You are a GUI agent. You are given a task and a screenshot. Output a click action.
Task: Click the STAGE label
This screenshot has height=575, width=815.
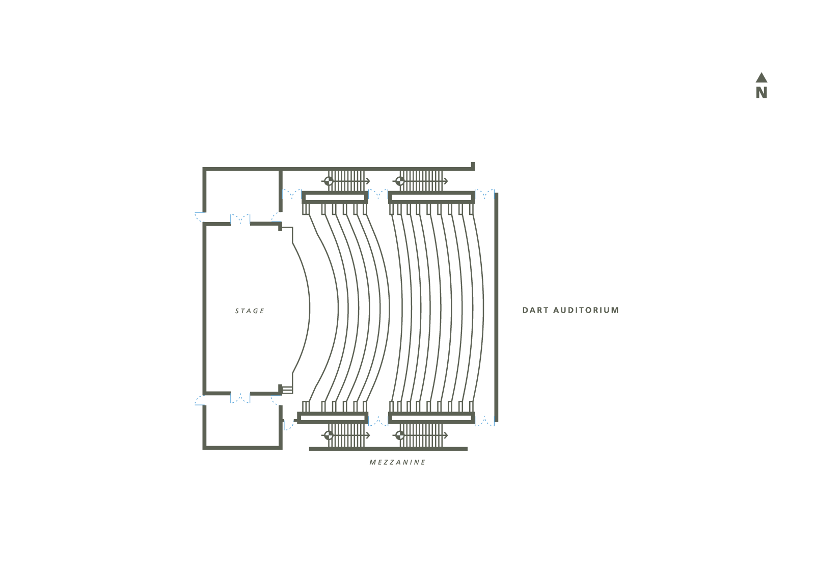coord(250,311)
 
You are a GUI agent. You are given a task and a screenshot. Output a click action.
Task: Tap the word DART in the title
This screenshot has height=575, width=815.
coord(535,310)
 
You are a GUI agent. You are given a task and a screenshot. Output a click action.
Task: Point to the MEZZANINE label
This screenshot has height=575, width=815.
coord(397,462)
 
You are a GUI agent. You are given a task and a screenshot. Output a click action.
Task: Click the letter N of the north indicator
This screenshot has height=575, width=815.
coord(762,93)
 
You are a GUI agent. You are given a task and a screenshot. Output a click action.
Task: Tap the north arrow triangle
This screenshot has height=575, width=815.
coord(762,77)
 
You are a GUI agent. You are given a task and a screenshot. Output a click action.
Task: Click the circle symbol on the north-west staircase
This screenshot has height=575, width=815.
coord(329,181)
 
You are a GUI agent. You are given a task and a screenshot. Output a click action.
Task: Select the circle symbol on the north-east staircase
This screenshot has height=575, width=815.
coord(400,181)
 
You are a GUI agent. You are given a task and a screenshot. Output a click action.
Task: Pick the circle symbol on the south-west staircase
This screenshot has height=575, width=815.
coord(329,435)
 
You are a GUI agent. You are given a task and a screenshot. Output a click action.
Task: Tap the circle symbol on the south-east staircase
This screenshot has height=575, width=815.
coord(400,435)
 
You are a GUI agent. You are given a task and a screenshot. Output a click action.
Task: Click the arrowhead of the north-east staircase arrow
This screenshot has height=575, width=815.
coord(446,181)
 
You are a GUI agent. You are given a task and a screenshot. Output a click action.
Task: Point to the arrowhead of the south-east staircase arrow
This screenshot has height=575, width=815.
coord(446,435)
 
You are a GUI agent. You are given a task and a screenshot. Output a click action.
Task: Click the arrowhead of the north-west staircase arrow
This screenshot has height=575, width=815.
coord(368,181)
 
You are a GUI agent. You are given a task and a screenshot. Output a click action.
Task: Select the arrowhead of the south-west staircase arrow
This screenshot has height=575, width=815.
coord(368,435)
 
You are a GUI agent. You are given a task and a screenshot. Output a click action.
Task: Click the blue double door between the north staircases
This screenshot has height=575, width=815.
coord(378,194)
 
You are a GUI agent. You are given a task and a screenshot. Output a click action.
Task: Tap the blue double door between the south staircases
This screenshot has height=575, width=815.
coord(378,421)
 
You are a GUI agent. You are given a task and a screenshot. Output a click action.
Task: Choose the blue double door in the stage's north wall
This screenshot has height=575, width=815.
coord(240,220)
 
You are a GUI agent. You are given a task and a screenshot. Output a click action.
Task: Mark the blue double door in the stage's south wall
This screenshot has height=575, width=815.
coord(240,398)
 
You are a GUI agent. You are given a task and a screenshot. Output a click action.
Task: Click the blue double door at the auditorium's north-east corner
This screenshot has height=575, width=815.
coord(484,194)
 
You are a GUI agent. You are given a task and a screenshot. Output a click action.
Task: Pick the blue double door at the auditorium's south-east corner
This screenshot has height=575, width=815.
coord(484,421)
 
